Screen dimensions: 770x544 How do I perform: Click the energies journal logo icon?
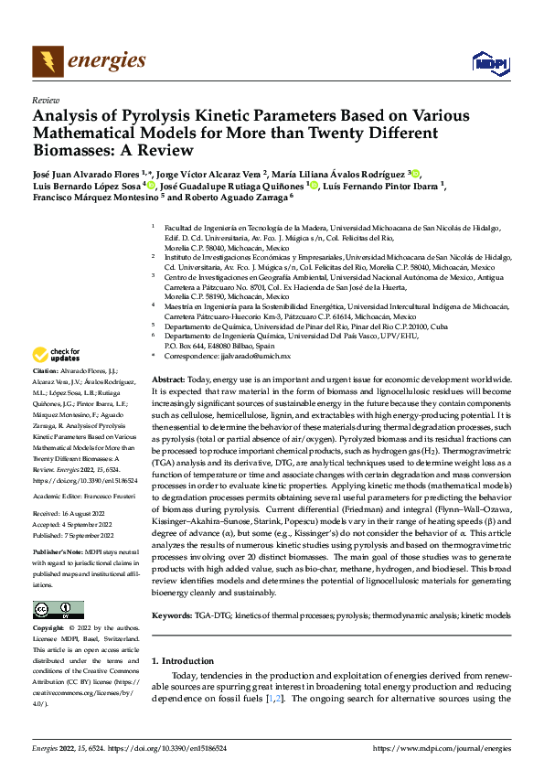[x=48, y=62]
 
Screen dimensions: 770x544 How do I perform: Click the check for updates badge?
[x=57, y=355]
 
